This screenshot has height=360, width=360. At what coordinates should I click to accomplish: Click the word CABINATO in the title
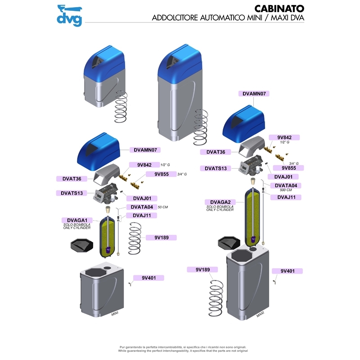click(279, 8)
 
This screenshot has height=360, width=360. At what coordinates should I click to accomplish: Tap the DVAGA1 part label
click(74, 220)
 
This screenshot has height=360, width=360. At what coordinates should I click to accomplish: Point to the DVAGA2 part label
click(217, 202)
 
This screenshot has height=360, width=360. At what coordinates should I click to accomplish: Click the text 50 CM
click(162, 207)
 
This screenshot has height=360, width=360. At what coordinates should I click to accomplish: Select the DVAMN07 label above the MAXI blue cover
click(255, 94)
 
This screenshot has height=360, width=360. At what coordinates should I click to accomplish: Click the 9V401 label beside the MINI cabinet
click(148, 278)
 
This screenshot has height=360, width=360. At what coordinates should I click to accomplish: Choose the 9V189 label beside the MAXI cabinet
click(202, 270)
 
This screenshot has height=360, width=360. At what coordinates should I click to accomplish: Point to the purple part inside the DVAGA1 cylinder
click(108, 249)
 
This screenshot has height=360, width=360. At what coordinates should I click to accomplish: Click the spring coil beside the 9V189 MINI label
click(135, 237)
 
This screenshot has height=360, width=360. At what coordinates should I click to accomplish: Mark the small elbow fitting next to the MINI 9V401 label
click(130, 283)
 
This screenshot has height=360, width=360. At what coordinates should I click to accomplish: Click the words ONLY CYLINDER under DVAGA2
click(220, 210)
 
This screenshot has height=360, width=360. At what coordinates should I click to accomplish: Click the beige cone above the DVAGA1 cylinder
click(108, 210)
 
